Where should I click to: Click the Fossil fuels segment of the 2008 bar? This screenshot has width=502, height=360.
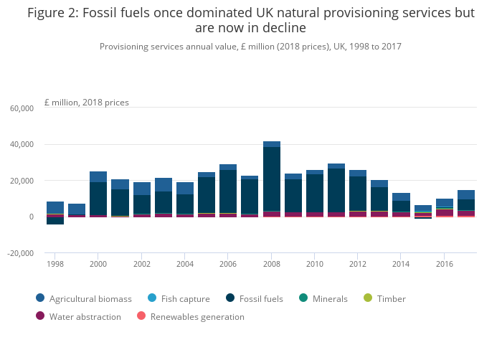272,179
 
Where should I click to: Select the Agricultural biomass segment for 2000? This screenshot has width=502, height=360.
98,176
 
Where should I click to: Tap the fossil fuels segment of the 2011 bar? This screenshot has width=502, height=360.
336,190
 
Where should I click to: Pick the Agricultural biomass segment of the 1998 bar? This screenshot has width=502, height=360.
55,207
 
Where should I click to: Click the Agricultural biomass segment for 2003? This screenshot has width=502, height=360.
164,184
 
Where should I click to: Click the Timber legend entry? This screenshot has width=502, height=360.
389,298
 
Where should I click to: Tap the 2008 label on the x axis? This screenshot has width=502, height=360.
272,263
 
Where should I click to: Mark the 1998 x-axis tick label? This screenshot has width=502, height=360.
55,263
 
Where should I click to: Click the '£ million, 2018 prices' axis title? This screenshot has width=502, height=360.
87,102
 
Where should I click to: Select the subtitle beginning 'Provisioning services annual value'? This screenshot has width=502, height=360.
250,46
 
